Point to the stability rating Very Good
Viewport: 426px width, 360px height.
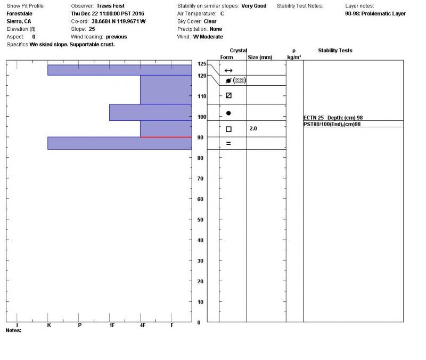coord(253,6)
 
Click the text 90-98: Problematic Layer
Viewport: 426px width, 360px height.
coord(375,14)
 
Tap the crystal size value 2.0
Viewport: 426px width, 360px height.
coord(253,129)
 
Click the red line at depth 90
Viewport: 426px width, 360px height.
coord(166,137)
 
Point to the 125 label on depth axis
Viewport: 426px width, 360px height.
coord(201,64)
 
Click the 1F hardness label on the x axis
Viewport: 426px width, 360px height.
coord(112,325)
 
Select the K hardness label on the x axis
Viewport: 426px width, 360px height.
coord(49,325)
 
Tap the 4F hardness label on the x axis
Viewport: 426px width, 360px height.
coord(142,325)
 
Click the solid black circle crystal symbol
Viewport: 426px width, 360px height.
coord(228,113)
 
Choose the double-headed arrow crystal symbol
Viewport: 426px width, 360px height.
coord(228,70)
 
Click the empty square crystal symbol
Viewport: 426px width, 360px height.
coord(228,129)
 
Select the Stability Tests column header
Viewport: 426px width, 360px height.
coord(335,51)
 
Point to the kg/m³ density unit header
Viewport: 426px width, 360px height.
coord(294,57)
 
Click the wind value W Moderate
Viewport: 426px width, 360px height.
coord(208,37)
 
